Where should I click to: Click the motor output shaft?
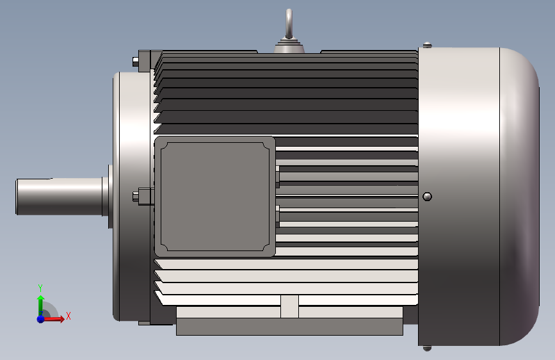[59, 196]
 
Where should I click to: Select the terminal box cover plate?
[215, 196]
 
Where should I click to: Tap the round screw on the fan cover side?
[427, 196]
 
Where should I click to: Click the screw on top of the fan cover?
[427, 45]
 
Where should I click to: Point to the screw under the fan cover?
[427, 348]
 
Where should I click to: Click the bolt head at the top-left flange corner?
[135, 61]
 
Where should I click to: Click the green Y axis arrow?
[41, 304]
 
